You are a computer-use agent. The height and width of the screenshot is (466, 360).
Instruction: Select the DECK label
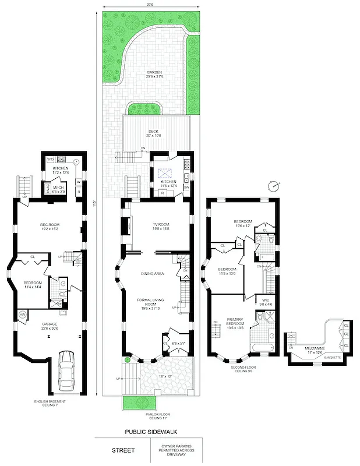[154, 132]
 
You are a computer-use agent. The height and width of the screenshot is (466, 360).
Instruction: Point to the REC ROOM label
[50, 225]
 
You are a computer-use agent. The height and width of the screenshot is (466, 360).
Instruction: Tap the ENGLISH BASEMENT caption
[50, 403]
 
